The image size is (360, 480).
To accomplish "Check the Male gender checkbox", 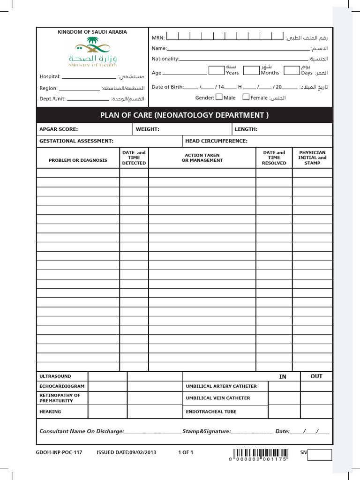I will (219, 97).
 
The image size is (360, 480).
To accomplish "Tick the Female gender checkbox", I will (246, 97).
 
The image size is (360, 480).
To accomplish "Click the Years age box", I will (216, 70).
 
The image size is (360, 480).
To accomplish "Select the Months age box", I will (251, 70).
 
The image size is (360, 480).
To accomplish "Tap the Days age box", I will (292, 70).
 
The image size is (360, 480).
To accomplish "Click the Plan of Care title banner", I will (185, 115).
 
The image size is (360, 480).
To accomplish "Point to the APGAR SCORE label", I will (59, 129).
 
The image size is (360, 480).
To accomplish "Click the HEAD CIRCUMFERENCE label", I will (216, 141).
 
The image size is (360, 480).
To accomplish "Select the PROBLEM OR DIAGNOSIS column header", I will (78, 160).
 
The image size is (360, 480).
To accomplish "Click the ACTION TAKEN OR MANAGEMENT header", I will (202, 157).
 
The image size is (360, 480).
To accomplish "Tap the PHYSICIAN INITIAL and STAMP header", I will (312, 157).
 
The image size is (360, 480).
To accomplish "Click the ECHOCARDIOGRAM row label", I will (62, 386).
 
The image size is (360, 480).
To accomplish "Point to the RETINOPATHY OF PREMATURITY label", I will (60, 398).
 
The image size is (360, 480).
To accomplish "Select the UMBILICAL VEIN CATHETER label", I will (218, 398).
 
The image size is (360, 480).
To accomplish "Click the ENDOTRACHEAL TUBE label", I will (211, 412).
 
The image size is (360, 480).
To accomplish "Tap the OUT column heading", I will (316, 376).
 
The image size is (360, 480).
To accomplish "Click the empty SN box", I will (320, 455).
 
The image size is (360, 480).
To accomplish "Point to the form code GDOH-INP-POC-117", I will (59, 453).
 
